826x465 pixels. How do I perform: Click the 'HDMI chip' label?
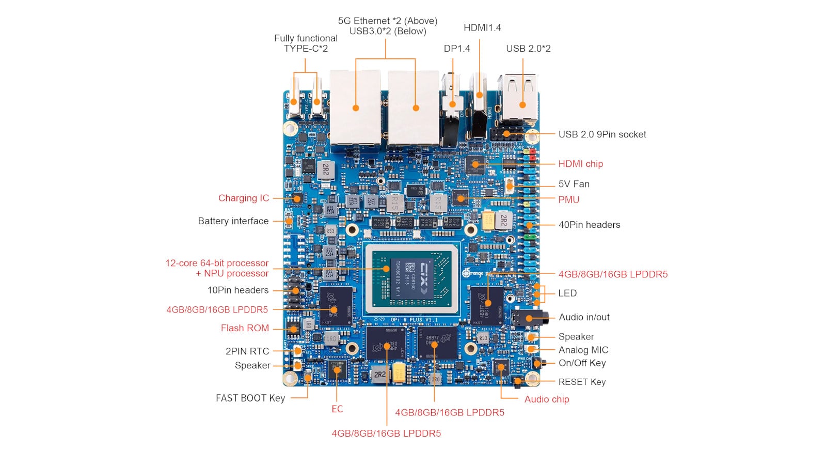pyautogui.click(x=580, y=164)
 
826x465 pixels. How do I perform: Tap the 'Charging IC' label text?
pyautogui.click(x=244, y=198)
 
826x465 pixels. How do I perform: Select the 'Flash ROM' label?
pyautogui.click(x=245, y=328)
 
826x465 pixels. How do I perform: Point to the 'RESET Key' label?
pyautogui.click(x=582, y=382)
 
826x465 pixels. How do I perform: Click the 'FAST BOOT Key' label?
pyautogui.click(x=250, y=398)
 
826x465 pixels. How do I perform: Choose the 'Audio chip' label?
pyautogui.click(x=547, y=399)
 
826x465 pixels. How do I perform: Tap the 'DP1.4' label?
pyautogui.click(x=457, y=49)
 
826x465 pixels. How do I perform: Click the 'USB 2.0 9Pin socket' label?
pyautogui.click(x=602, y=134)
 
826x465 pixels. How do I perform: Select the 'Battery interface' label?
pyautogui.click(x=233, y=221)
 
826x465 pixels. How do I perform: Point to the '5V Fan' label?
pyautogui.click(x=574, y=184)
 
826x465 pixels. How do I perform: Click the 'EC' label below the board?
pyautogui.click(x=337, y=409)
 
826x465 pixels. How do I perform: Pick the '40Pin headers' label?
pyautogui.click(x=589, y=225)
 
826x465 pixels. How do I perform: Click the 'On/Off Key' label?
pyautogui.click(x=582, y=363)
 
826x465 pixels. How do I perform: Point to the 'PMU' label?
pyautogui.click(x=568, y=199)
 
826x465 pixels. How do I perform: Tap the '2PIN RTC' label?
pyautogui.click(x=247, y=351)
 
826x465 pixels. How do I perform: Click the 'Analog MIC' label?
pyautogui.click(x=583, y=350)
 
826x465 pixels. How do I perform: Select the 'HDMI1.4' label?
pyautogui.click(x=482, y=28)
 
